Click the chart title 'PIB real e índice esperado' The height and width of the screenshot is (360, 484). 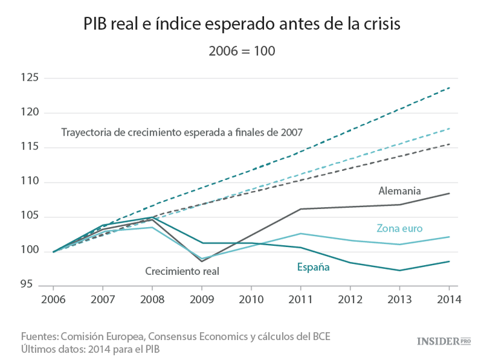coord(242,24)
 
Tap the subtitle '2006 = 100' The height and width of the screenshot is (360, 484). coord(242,50)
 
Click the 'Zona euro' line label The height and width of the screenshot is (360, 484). coord(399,228)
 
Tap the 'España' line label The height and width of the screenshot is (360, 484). coord(314,266)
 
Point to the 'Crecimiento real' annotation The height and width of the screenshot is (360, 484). coord(182,272)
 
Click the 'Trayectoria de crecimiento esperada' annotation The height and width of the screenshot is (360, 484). coord(182,132)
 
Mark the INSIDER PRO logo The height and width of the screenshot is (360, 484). coord(441,340)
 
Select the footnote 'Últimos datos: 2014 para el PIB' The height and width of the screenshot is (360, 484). coord(90,348)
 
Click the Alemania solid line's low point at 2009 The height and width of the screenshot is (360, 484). coord(201,261)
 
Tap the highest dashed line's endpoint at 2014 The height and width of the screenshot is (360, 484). coord(449,88)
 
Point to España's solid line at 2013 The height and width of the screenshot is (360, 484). coord(399,270)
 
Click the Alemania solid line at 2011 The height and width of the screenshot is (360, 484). coord(300,209)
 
